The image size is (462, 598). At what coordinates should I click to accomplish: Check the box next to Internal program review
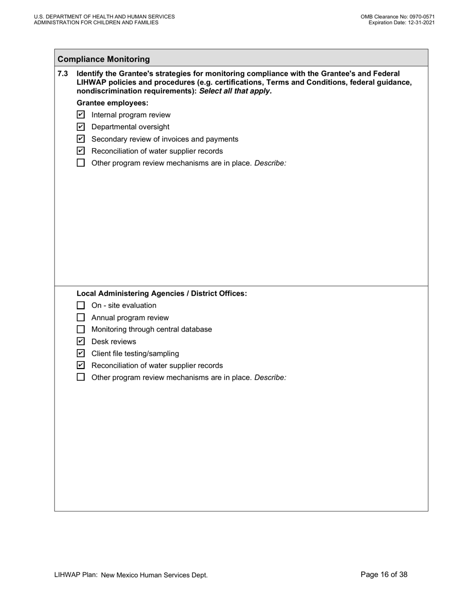click(81, 115)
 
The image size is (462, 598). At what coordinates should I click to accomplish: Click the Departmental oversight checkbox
click(81, 127)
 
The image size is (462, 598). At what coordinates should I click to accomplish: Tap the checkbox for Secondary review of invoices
click(81, 139)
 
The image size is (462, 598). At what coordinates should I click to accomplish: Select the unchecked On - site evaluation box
click(81, 305)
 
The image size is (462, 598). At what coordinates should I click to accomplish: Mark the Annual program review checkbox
click(81, 317)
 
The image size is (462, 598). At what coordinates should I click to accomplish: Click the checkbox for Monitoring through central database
click(81, 329)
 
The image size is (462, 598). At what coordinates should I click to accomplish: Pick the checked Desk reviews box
click(81, 341)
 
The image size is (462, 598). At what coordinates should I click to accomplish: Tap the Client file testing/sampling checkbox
click(81, 353)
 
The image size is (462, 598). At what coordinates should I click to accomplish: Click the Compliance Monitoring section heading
click(104, 59)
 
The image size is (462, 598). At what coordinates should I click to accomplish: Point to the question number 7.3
click(63, 73)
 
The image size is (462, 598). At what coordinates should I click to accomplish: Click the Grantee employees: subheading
click(112, 103)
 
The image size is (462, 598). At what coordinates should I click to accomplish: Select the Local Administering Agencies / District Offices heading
click(161, 294)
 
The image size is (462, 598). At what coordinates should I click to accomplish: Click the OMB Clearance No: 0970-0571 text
click(397, 17)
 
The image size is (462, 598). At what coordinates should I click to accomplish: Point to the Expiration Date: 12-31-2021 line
click(401, 22)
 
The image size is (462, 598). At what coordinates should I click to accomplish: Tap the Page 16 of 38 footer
click(384, 575)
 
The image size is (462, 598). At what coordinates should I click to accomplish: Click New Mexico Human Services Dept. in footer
click(154, 575)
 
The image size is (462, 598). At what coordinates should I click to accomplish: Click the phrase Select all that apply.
click(235, 91)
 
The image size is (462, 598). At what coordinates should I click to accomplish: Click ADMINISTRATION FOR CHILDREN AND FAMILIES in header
click(96, 22)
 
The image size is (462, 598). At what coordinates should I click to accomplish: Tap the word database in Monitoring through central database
click(196, 329)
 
